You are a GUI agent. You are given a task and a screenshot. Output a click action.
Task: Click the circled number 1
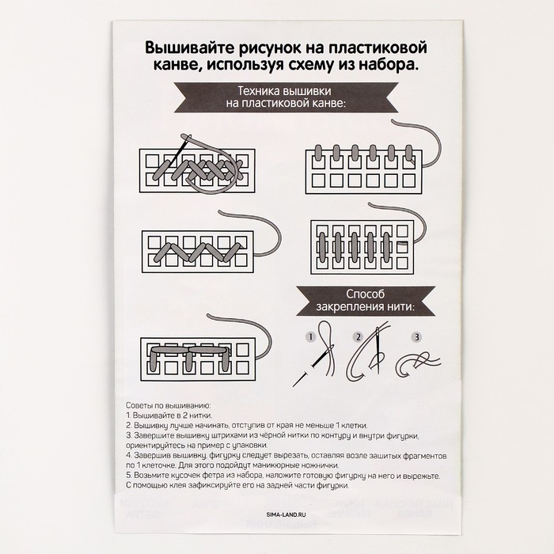click(x=311, y=336)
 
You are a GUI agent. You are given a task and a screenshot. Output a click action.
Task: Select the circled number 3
click(x=415, y=336)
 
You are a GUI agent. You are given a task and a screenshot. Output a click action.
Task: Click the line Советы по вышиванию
click(x=168, y=405)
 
